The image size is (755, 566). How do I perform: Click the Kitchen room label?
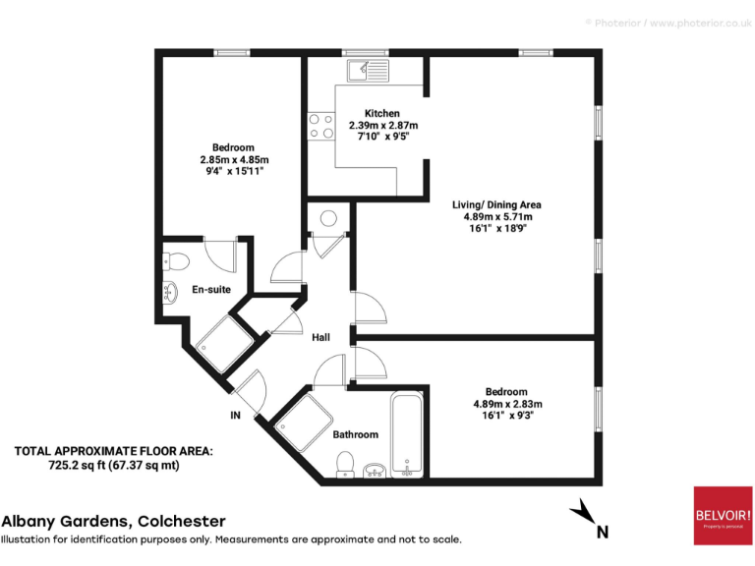point(381,113)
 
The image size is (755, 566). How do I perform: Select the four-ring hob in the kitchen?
point(320,126)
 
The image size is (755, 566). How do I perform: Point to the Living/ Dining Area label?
point(496,204)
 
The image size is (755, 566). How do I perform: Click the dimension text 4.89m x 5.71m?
point(496,216)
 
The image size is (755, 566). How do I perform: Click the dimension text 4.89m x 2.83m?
point(506,403)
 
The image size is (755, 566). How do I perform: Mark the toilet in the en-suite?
point(176,260)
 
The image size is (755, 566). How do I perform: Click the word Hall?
point(320,337)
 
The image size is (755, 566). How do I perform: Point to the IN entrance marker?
point(235,416)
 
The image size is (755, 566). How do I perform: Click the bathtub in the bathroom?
point(406,433)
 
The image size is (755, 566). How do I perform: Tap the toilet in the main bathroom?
point(345,463)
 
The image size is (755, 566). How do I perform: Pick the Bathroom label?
point(355,433)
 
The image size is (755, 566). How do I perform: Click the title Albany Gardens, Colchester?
point(113,521)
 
